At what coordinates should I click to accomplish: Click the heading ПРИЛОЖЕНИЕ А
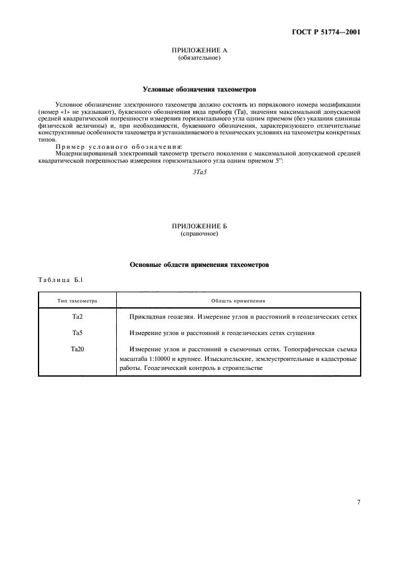[199, 52]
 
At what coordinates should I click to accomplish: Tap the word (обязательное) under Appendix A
[199, 58]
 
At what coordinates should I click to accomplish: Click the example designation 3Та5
[199, 172]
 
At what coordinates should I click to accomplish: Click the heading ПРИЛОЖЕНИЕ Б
[199, 226]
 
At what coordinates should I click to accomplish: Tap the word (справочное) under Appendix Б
[199, 233]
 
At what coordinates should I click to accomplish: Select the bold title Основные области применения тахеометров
[199, 264]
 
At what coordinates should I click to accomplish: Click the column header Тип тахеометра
[77, 300]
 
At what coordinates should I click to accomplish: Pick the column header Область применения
[238, 300]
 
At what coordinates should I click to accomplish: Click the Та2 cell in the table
[77, 316]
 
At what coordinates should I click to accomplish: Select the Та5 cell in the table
[77, 333]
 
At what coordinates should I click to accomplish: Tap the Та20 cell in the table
[77, 349]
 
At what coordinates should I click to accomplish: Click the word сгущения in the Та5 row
[297, 333]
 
